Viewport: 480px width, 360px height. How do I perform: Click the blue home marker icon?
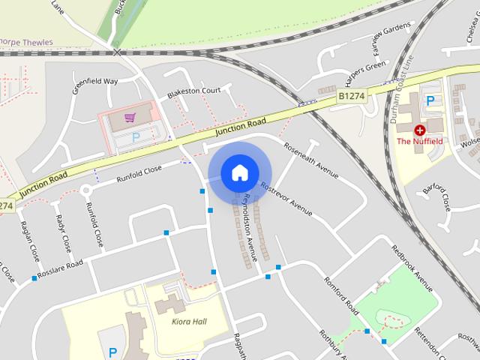pos(238,173)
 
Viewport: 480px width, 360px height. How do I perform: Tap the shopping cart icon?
pos(130,118)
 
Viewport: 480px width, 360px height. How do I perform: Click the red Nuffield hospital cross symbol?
pos(419,130)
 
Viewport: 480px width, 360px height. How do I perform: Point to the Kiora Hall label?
pos(184,322)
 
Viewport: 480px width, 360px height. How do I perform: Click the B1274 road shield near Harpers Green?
pos(350,97)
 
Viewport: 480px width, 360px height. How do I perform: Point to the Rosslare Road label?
pos(61,268)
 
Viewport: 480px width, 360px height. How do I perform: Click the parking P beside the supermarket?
pos(136,137)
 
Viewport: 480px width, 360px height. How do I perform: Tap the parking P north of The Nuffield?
pos(430,100)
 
